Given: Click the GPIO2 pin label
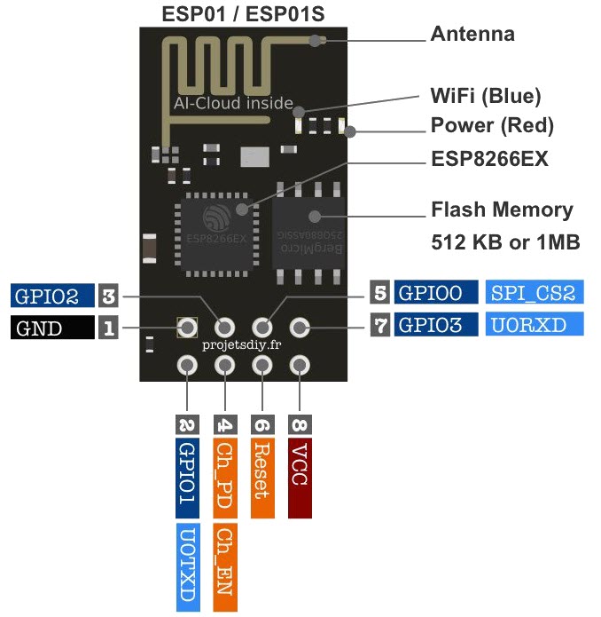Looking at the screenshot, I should pos(51,296).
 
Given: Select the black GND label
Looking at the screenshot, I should pos(51,328).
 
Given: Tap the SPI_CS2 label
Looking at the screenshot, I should pos(535,293).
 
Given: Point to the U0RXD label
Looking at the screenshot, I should pos(535,324).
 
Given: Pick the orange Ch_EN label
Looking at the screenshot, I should pos(225,567).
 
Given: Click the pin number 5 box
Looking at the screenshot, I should pos(380,293).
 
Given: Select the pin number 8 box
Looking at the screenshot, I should pos(300,424).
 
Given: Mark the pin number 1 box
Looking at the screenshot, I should pos(108,328).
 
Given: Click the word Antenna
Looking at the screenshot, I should pos(472,35).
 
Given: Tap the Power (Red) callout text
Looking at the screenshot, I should pos(492,125).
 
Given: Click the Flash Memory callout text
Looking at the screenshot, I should pos(502,210).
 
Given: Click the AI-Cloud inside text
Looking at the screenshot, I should pos(233,104).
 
